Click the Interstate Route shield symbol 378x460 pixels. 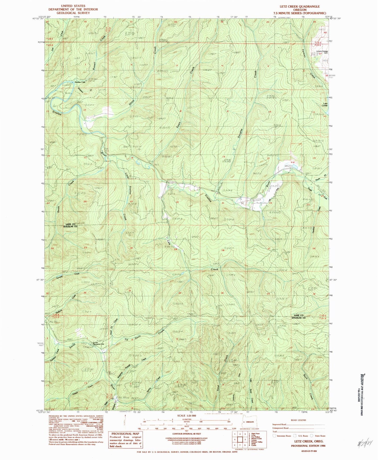274,436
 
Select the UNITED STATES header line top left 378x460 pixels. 73,6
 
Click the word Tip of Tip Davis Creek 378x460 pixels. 127,340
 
